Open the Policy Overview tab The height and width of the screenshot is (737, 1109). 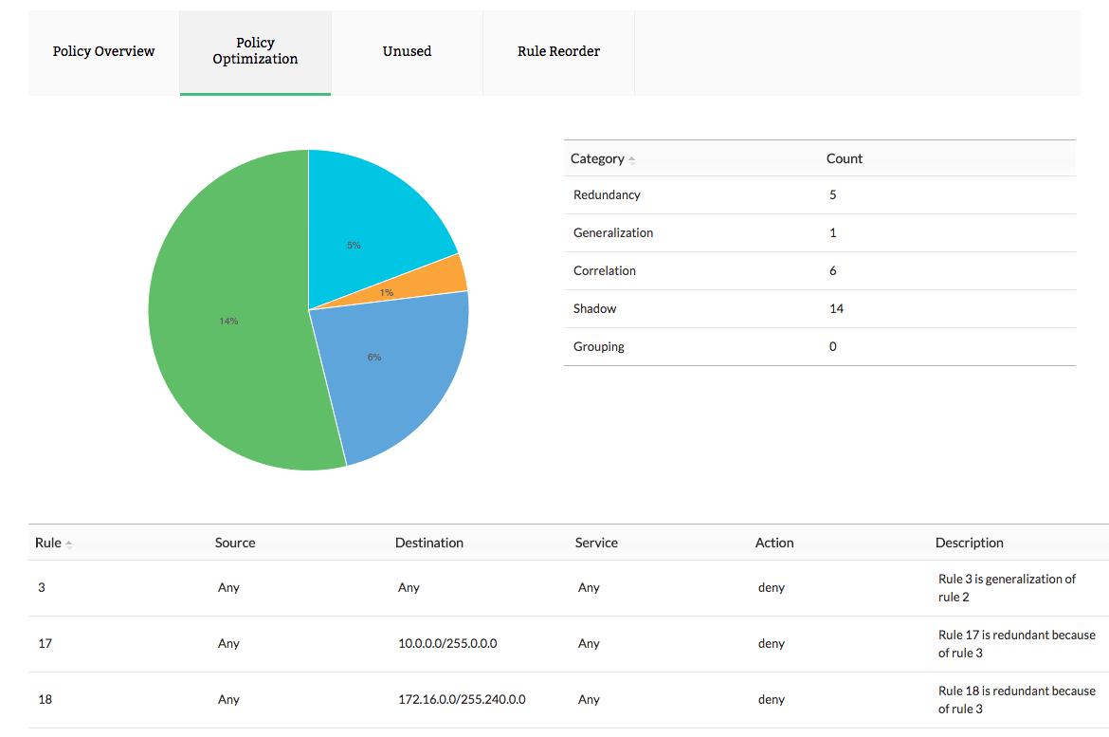click(103, 51)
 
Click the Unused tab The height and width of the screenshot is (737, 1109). click(407, 51)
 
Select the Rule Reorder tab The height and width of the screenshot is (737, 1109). click(558, 51)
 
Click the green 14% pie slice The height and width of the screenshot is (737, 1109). click(227, 321)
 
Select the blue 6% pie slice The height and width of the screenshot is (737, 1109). click(389, 370)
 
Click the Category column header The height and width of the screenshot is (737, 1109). click(597, 158)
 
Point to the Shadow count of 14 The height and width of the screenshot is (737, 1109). click(836, 308)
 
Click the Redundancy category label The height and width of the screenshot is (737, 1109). click(607, 194)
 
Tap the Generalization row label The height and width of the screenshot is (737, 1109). click(612, 232)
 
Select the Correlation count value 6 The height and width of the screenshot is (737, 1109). click(833, 270)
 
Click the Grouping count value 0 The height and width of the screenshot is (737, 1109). click(833, 346)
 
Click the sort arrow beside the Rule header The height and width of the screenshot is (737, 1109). click(69, 544)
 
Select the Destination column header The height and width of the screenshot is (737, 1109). click(429, 543)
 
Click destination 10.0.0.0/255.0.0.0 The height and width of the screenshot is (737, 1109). click(447, 643)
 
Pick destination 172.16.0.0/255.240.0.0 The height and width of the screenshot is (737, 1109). click(462, 699)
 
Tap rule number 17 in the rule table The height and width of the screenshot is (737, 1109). click(45, 643)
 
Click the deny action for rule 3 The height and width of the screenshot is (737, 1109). click(772, 587)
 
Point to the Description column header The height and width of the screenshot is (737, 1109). click(969, 543)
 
